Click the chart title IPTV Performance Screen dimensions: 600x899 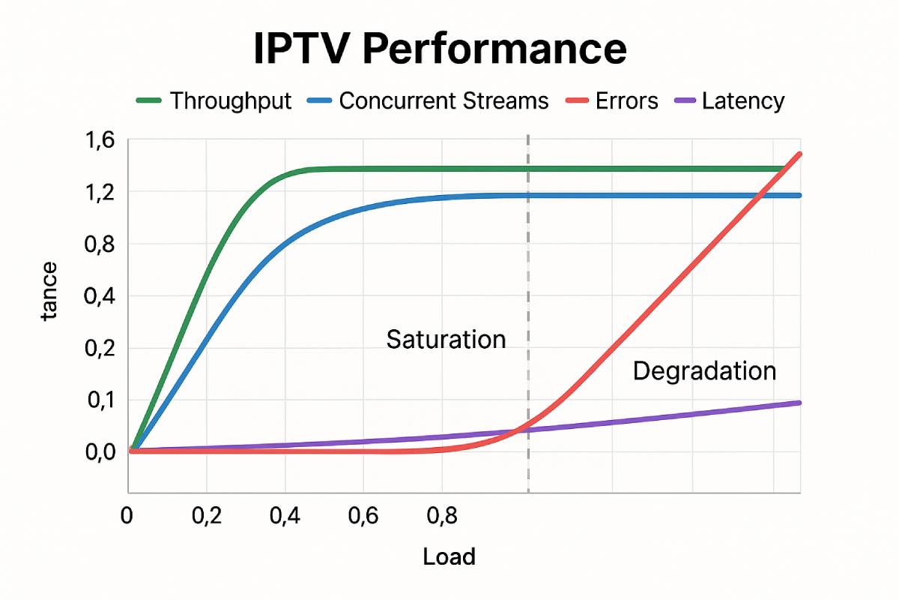pos(440,49)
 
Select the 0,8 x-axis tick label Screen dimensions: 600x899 pos(441,517)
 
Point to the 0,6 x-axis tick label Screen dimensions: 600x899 pos(363,517)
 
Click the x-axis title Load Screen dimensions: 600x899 pos(449,557)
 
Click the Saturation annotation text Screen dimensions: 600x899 pos(446,340)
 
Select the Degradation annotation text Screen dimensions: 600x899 pos(704,370)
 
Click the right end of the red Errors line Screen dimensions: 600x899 pos(800,154)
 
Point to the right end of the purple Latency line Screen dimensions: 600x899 pos(799,403)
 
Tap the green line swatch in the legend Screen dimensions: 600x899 pos(148,100)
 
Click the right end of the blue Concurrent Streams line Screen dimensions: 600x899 pos(799,196)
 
